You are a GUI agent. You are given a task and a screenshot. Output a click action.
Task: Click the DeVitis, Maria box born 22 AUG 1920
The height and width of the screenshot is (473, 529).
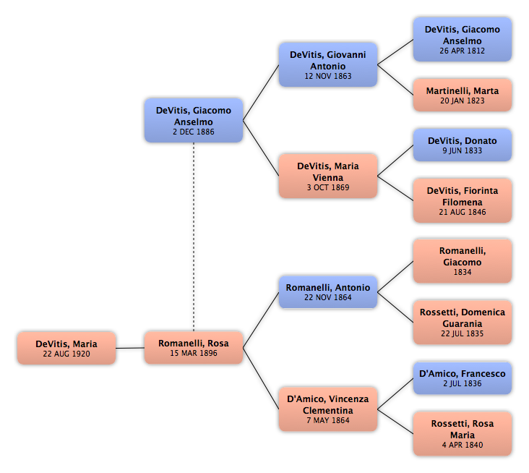tap(66, 348)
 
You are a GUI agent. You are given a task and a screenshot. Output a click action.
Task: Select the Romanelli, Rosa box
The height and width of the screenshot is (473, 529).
tap(194, 347)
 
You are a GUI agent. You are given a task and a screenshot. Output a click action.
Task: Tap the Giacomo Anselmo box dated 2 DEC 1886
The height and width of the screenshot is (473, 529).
tap(194, 120)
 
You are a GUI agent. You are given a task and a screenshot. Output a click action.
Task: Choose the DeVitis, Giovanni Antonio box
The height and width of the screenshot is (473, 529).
tap(328, 64)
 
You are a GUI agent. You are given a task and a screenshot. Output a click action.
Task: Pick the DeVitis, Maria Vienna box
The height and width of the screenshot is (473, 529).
tap(328, 176)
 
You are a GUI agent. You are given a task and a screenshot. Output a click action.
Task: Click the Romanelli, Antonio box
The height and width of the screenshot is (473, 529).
tap(328, 292)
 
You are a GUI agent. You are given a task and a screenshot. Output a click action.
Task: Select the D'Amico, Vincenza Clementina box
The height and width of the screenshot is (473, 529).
tap(328, 409)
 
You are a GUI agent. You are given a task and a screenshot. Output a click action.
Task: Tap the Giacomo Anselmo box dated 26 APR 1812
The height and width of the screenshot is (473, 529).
tap(463, 40)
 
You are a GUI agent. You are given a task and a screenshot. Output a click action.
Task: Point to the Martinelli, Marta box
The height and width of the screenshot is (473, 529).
tap(463, 95)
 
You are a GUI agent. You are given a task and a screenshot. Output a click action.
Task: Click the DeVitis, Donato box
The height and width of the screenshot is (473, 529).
tap(463, 145)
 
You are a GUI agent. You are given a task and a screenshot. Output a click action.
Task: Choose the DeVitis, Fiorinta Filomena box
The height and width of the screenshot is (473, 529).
tap(463, 201)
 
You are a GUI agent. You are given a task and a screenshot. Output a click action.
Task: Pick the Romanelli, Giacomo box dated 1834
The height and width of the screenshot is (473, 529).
tap(463, 261)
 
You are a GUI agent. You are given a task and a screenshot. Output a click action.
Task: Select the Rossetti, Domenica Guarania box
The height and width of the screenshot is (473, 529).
tap(463, 323)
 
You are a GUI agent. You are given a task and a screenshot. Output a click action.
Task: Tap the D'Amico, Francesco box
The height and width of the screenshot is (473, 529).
tap(463, 378)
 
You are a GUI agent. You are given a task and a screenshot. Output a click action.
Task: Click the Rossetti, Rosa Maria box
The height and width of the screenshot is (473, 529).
tap(463, 434)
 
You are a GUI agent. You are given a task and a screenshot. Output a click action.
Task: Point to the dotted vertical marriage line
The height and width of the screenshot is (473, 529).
tap(194, 236)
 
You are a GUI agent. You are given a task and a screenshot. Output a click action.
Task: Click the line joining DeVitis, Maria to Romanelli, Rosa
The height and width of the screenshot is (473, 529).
tap(130, 348)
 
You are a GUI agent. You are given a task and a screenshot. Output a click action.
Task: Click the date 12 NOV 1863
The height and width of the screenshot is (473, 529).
tap(328, 76)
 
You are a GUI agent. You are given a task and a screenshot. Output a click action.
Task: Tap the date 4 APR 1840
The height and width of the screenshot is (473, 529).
tap(463, 445)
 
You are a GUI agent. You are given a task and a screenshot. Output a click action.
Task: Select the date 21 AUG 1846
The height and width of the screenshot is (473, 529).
tap(463, 212)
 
